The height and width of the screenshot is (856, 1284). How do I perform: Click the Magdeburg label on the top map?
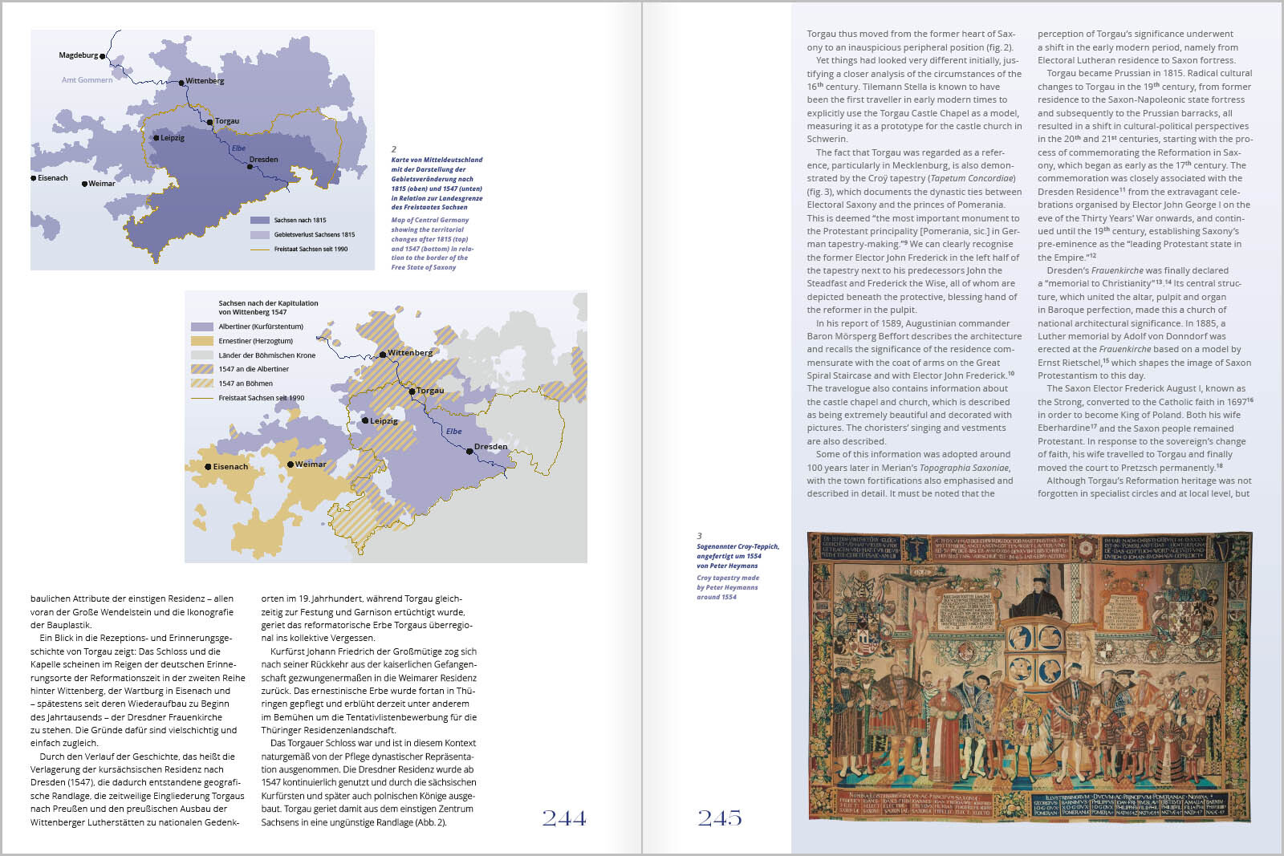pos(78,55)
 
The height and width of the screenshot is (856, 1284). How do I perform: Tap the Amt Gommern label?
pos(87,80)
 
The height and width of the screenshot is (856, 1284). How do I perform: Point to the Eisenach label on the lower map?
pos(230,467)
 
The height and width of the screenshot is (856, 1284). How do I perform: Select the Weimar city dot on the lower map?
pos(291,465)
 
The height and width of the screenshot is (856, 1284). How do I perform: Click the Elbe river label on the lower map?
pos(454,432)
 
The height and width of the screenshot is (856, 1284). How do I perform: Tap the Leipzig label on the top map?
pos(173,138)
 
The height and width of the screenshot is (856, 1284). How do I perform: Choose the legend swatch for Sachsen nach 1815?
pos(259,220)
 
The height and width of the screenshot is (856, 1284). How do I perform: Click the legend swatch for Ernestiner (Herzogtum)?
pos(202,341)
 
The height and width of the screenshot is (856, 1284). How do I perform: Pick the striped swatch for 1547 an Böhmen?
pos(202,383)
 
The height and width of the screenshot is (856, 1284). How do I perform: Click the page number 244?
pos(563,818)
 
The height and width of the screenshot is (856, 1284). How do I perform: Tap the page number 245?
pos(719,818)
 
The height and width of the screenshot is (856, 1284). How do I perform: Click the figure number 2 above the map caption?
pos(394,149)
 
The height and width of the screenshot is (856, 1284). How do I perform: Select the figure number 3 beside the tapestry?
pos(699,536)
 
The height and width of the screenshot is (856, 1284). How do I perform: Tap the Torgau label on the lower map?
pos(430,391)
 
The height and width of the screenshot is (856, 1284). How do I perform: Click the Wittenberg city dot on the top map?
pos(182,82)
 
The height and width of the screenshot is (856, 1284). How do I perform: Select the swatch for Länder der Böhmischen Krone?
pos(202,355)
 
